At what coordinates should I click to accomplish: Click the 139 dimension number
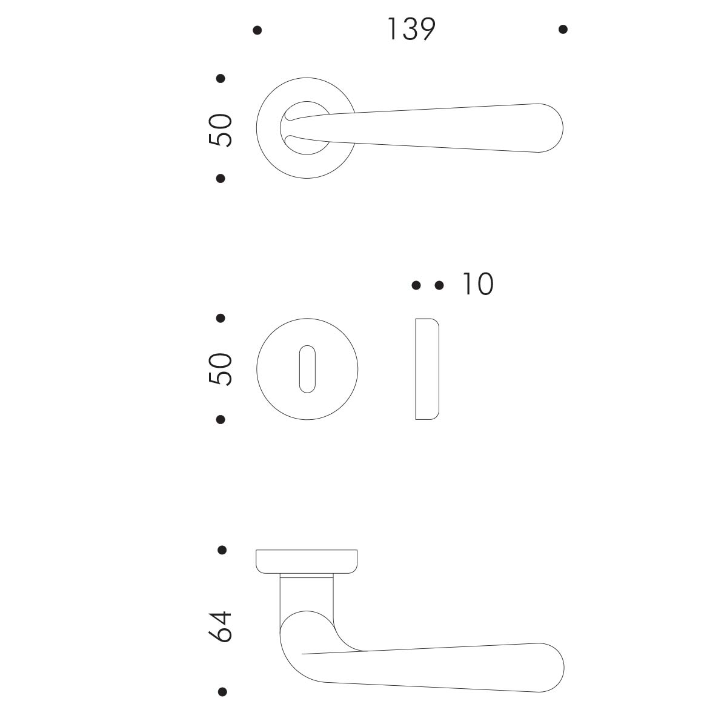411,29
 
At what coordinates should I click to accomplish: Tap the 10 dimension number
477,284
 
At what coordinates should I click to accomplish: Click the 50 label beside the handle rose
221,130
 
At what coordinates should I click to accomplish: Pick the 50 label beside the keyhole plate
221,369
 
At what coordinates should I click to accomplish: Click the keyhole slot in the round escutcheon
307,369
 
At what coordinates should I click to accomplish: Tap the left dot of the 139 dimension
257,30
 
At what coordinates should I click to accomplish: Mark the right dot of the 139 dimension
563,30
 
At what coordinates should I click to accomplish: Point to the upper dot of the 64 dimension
222,550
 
